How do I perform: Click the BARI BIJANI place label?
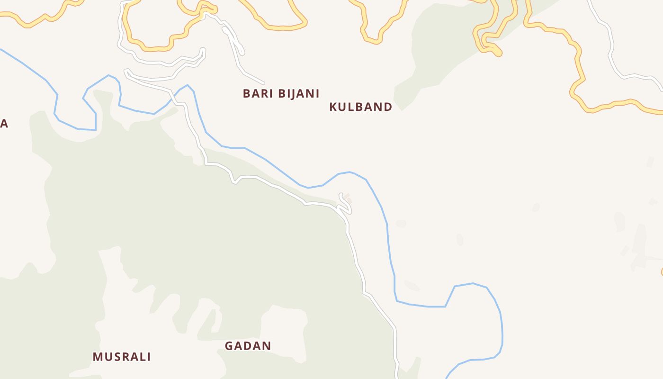pos(281,94)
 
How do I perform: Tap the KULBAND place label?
pos(360,107)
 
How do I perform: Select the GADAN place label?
pos(248,346)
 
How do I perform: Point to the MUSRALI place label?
pos(121,357)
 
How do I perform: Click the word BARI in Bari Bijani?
pos(257,94)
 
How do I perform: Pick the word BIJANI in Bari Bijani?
pos(298,94)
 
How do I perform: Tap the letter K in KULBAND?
pos(333,107)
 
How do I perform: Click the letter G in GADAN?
pos(229,346)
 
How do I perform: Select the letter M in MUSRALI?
pos(98,357)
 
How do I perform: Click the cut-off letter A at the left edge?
pos(4,124)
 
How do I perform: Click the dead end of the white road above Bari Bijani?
pos(263,83)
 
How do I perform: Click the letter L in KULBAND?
pos(351,107)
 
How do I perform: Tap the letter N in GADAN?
pos(267,346)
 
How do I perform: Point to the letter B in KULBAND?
pos(359,107)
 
